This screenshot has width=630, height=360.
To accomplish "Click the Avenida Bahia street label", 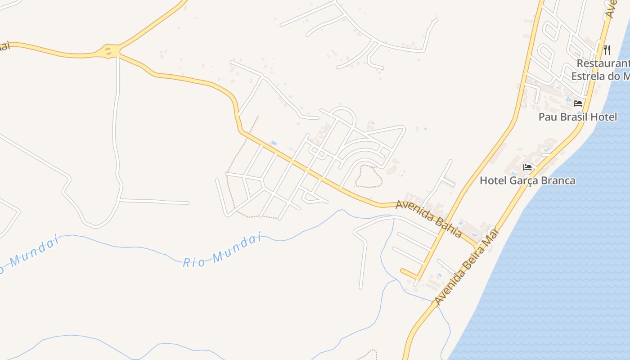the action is click(428, 219).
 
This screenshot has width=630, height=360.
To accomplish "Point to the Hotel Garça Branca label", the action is click(527, 181).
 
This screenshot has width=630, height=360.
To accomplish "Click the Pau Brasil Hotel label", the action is click(578, 117).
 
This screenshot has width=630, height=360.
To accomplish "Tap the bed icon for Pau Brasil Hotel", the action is click(578, 103).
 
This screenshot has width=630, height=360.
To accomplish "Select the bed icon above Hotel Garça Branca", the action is click(528, 167).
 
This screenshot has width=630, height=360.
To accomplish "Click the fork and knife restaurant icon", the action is click(607, 49).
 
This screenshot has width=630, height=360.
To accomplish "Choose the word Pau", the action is click(547, 117).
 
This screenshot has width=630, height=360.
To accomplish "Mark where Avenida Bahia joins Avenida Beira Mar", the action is click(476, 245).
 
